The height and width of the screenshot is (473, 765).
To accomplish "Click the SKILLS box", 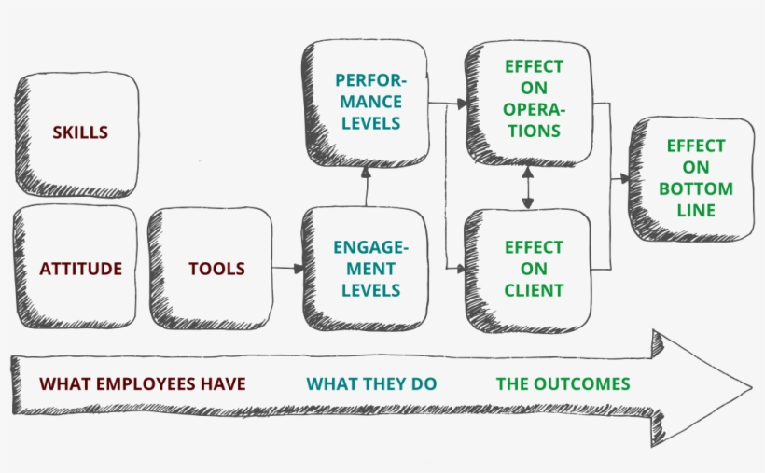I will click(x=78, y=132).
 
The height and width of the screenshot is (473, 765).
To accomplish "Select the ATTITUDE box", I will click(x=79, y=269).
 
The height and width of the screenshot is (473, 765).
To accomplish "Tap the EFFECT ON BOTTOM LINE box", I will click(x=695, y=178).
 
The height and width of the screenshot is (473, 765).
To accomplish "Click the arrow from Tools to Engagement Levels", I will click(x=288, y=269).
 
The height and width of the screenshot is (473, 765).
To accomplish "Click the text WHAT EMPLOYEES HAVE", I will click(x=143, y=383).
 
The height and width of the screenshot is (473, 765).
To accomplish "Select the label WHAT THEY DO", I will click(x=371, y=383).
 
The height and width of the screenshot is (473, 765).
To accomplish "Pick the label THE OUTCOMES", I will click(x=563, y=383).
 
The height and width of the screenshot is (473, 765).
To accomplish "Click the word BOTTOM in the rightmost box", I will click(x=695, y=188).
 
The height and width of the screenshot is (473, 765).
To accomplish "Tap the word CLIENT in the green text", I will click(x=534, y=290).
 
